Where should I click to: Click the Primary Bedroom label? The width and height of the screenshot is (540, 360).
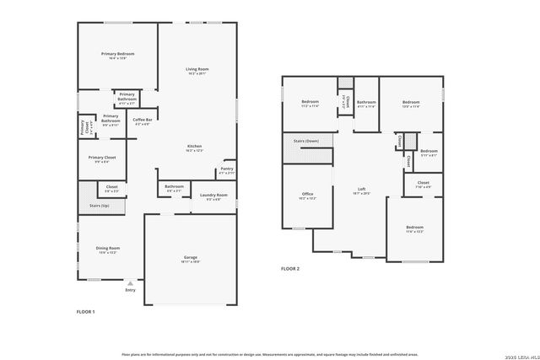[x=118, y=54]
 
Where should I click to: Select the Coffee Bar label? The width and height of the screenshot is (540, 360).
[x=141, y=120]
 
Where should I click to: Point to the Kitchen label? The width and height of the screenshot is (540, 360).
[x=194, y=147]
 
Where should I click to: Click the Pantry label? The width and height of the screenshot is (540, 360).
[x=227, y=169]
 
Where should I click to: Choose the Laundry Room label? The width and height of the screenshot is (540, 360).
[x=213, y=195]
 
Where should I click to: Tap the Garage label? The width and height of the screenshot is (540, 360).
[x=191, y=257]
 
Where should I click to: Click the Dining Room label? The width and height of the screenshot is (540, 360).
[x=108, y=248]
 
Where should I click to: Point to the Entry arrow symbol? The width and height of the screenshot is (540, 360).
[x=129, y=284]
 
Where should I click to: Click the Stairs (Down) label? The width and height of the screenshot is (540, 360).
[x=305, y=141]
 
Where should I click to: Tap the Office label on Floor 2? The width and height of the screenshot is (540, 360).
[x=307, y=194]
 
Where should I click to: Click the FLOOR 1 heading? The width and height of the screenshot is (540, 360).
[x=86, y=311]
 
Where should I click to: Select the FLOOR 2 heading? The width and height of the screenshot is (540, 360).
[x=290, y=268]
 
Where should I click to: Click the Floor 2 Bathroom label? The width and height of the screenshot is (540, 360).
[x=365, y=103]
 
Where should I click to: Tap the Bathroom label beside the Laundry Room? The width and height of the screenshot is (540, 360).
[x=174, y=186]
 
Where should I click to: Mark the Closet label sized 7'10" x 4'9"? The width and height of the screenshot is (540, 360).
[x=423, y=182]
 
